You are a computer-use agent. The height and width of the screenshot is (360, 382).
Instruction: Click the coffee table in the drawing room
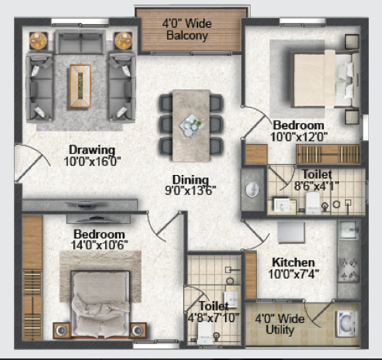(x=80, y=86)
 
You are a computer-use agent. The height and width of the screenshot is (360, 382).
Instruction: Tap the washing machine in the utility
(x=346, y=324)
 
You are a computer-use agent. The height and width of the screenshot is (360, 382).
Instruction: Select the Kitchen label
(x=293, y=262)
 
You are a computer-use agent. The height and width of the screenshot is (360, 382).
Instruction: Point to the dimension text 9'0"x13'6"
(x=190, y=190)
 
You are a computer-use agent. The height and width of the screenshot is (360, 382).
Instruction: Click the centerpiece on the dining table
(x=191, y=125)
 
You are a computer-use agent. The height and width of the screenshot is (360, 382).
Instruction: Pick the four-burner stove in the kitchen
(x=349, y=270)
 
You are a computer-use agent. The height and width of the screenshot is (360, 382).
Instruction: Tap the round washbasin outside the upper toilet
(x=252, y=190)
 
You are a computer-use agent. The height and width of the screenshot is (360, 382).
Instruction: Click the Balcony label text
(x=187, y=36)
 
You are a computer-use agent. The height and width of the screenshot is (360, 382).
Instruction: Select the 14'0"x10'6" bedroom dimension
(x=99, y=245)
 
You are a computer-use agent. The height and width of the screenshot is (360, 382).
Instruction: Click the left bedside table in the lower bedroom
(x=61, y=330)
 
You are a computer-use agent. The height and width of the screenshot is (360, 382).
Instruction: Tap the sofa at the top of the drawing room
(x=80, y=42)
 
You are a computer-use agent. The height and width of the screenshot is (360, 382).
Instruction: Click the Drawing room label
(x=92, y=150)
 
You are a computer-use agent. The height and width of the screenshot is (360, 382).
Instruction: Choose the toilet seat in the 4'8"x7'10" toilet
(x=204, y=333)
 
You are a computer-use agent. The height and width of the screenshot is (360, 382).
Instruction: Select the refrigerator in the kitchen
(x=292, y=232)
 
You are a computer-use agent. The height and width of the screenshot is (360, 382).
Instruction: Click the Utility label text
(x=280, y=330)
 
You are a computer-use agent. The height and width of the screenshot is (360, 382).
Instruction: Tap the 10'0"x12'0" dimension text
(x=299, y=136)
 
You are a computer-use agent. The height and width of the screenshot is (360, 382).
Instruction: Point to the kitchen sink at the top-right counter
(x=349, y=230)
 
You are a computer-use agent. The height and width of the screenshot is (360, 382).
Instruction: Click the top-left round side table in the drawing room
(x=39, y=41)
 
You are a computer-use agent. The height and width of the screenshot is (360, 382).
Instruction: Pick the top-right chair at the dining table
(x=216, y=103)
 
